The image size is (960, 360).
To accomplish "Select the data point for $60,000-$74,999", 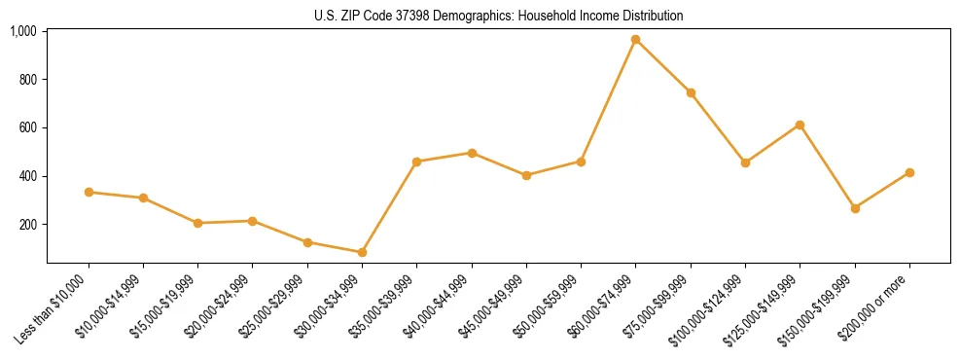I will click(x=636, y=40).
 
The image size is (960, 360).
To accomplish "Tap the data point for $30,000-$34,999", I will click(x=363, y=252).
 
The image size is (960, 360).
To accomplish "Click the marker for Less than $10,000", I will click(x=89, y=192).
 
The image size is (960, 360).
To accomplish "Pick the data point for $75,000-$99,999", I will click(x=691, y=92).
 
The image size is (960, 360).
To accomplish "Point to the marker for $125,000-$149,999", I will click(x=800, y=125).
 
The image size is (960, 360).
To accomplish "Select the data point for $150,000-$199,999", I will click(x=855, y=208).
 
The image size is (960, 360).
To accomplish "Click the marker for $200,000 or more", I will click(x=909, y=172).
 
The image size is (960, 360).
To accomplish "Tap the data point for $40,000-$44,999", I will click(x=472, y=153).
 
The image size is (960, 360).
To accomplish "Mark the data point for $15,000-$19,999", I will click(x=198, y=223).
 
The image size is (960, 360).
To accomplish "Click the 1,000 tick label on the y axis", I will click(x=22, y=31).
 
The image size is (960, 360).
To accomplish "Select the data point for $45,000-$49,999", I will click(x=526, y=175).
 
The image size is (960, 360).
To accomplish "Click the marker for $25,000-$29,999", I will click(x=307, y=242).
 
